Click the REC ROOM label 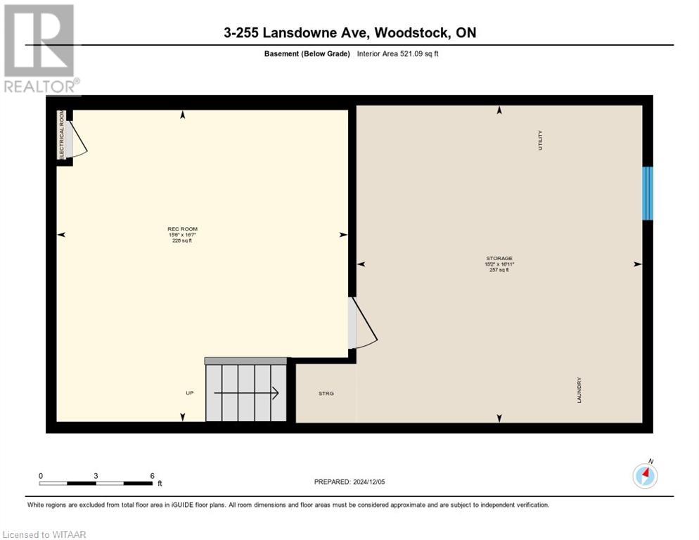pos(182,229)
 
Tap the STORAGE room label pos(499,259)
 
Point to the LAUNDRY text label pos(579,390)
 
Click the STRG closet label pos(326,393)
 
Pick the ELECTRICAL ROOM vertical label pos(62,135)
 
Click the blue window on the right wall pos(648,193)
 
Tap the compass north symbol pos(645,476)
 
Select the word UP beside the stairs pos(189,393)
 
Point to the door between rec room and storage pos(362,323)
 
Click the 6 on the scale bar pos(152,476)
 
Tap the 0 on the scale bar pos(41,476)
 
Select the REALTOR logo pos(39,49)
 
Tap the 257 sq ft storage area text pos(499,270)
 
